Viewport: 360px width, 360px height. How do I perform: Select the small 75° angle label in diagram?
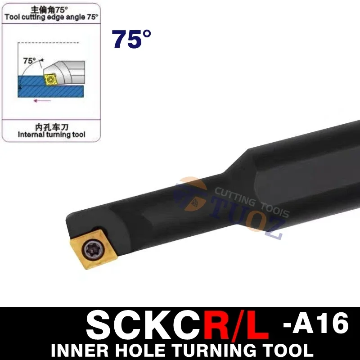click(x=30, y=60)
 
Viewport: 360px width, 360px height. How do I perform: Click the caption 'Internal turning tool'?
click(x=51, y=135)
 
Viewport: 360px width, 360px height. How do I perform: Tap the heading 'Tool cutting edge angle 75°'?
click(x=51, y=17)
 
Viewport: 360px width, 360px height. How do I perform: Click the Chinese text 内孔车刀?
click(x=51, y=127)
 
